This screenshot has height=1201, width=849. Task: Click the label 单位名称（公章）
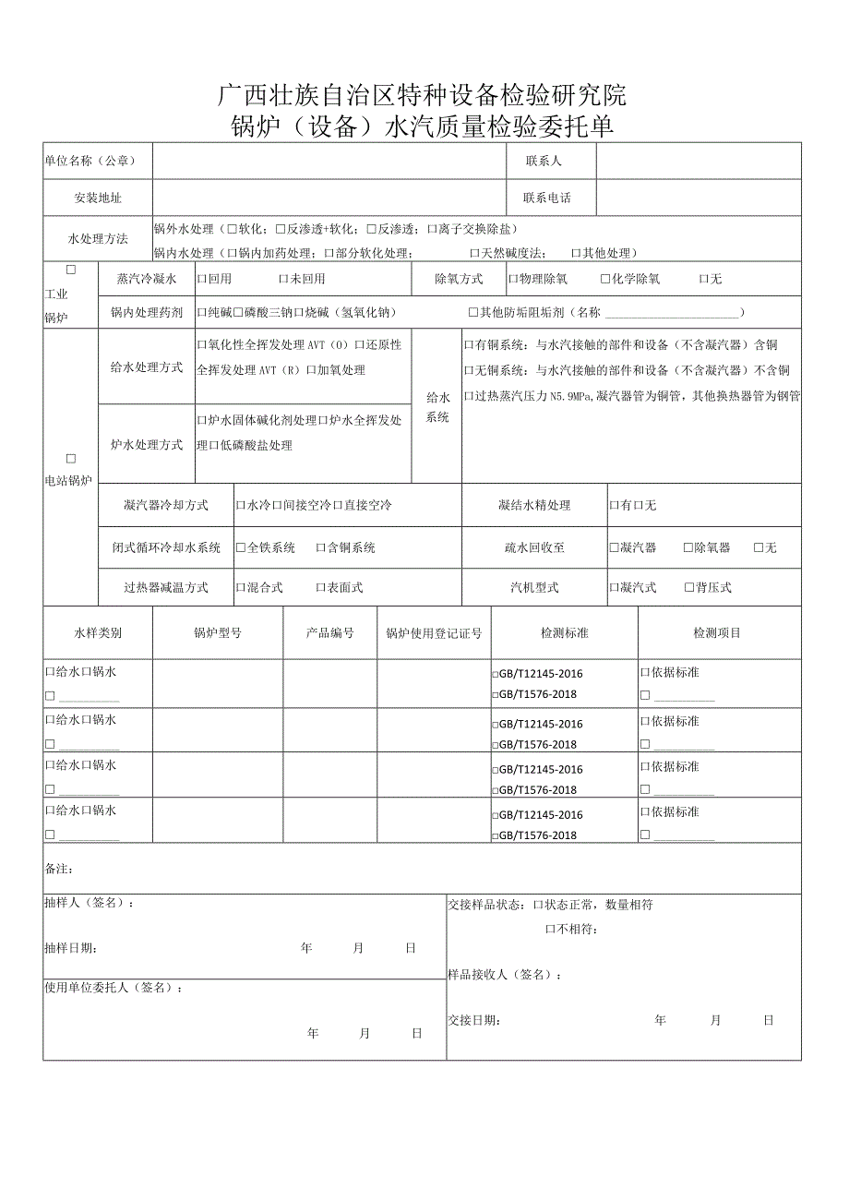point(90,161)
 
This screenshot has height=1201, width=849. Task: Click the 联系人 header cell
point(544,161)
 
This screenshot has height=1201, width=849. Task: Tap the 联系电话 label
point(546,198)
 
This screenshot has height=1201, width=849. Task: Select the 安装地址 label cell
point(98,198)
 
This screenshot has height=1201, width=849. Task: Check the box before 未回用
point(283,279)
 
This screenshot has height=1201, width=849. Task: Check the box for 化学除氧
point(605,279)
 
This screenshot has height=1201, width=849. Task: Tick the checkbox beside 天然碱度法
point(474,253)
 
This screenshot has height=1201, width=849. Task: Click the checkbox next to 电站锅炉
point(71,459)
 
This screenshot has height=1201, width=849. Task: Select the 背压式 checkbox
point(689,587)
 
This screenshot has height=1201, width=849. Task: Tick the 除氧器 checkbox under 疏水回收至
point(688,547)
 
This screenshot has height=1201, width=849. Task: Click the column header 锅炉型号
point(218,633)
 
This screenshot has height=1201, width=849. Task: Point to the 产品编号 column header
point(329,633)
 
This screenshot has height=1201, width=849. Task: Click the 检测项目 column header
point(717,633)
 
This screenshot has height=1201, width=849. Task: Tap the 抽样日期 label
point(70,948)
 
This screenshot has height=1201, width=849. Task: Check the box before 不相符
point(550,929)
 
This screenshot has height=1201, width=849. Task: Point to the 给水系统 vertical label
point(437,407)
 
